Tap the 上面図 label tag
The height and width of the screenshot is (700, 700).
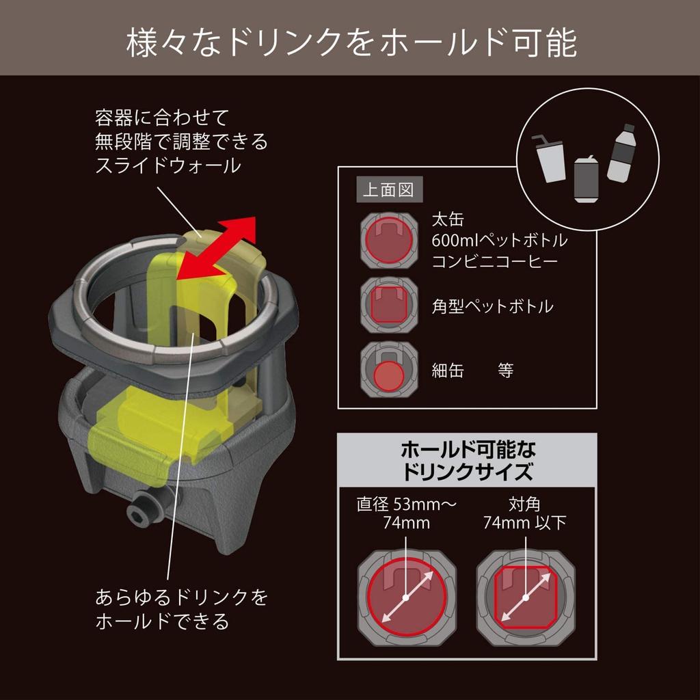point(388,189)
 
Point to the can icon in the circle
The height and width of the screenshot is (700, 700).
point(587,178)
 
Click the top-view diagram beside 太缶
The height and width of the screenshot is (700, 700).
point(388,239)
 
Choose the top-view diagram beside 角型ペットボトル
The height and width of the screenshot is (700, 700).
point(388,305)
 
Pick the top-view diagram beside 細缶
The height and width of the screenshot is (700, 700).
point(388,370)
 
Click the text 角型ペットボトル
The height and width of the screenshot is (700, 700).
point(492,306)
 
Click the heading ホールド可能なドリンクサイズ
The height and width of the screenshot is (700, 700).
point(468,460)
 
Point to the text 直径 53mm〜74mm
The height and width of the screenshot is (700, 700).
point(406,514)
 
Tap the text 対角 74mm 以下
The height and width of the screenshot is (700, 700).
point(525,514)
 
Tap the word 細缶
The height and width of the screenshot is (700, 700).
point(448,371)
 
